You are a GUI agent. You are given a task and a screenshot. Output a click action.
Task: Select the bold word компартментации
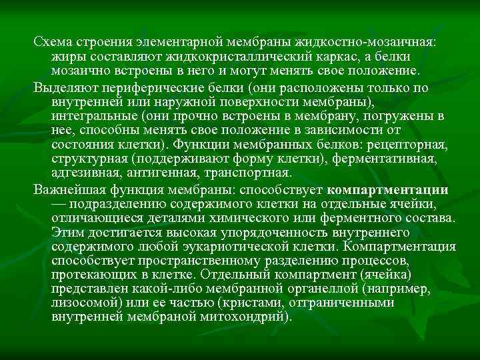coord(388,190)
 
